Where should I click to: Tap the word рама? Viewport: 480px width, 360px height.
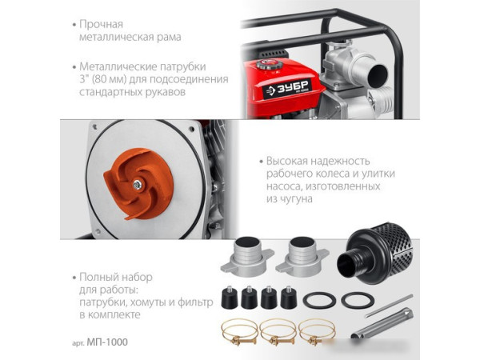coord(169,37)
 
